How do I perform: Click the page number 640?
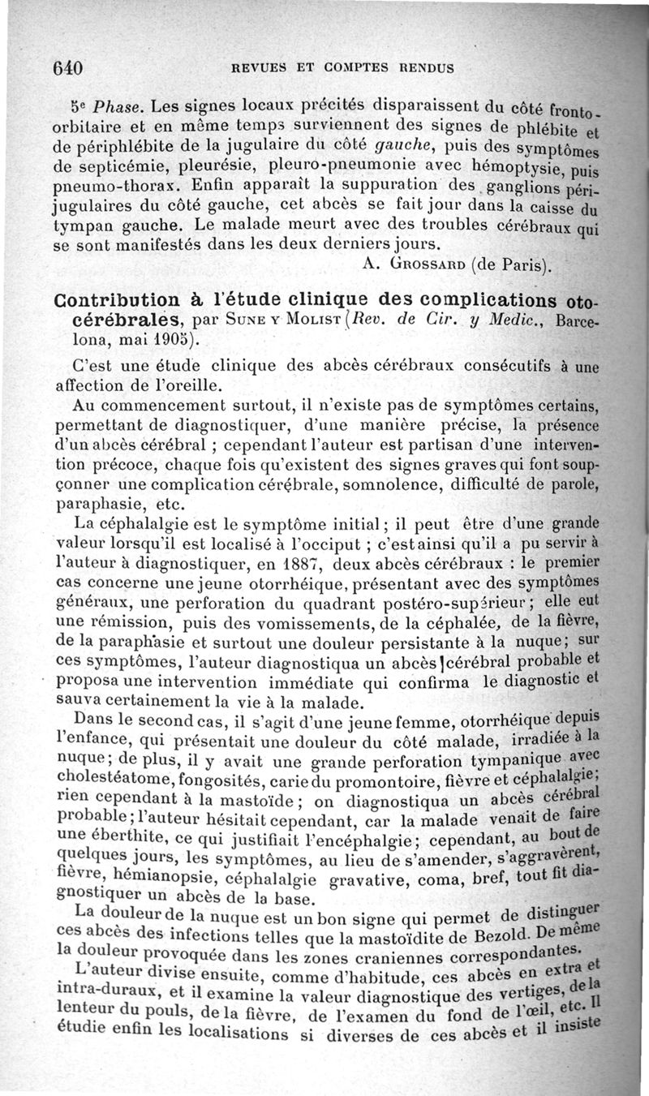pyautogui.click(x=68, y=68)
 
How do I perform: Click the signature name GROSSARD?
pyautogui.click(x=423, y=264)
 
